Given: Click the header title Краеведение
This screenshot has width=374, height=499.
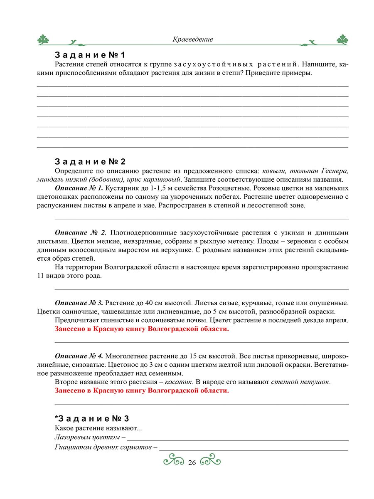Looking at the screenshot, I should (192, 40).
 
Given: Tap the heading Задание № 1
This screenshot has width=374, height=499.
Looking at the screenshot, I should (90, 55).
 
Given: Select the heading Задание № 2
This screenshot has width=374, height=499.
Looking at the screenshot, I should (90, 162).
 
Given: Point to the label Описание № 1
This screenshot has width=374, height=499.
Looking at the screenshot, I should (79, 188).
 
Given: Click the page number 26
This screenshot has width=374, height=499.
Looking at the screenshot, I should (192, 463).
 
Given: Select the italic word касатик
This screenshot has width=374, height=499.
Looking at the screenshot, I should (177, 382).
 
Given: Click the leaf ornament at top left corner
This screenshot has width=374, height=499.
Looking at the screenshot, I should (43, 40).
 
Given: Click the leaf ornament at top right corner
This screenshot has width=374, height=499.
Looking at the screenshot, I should (342, 40).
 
